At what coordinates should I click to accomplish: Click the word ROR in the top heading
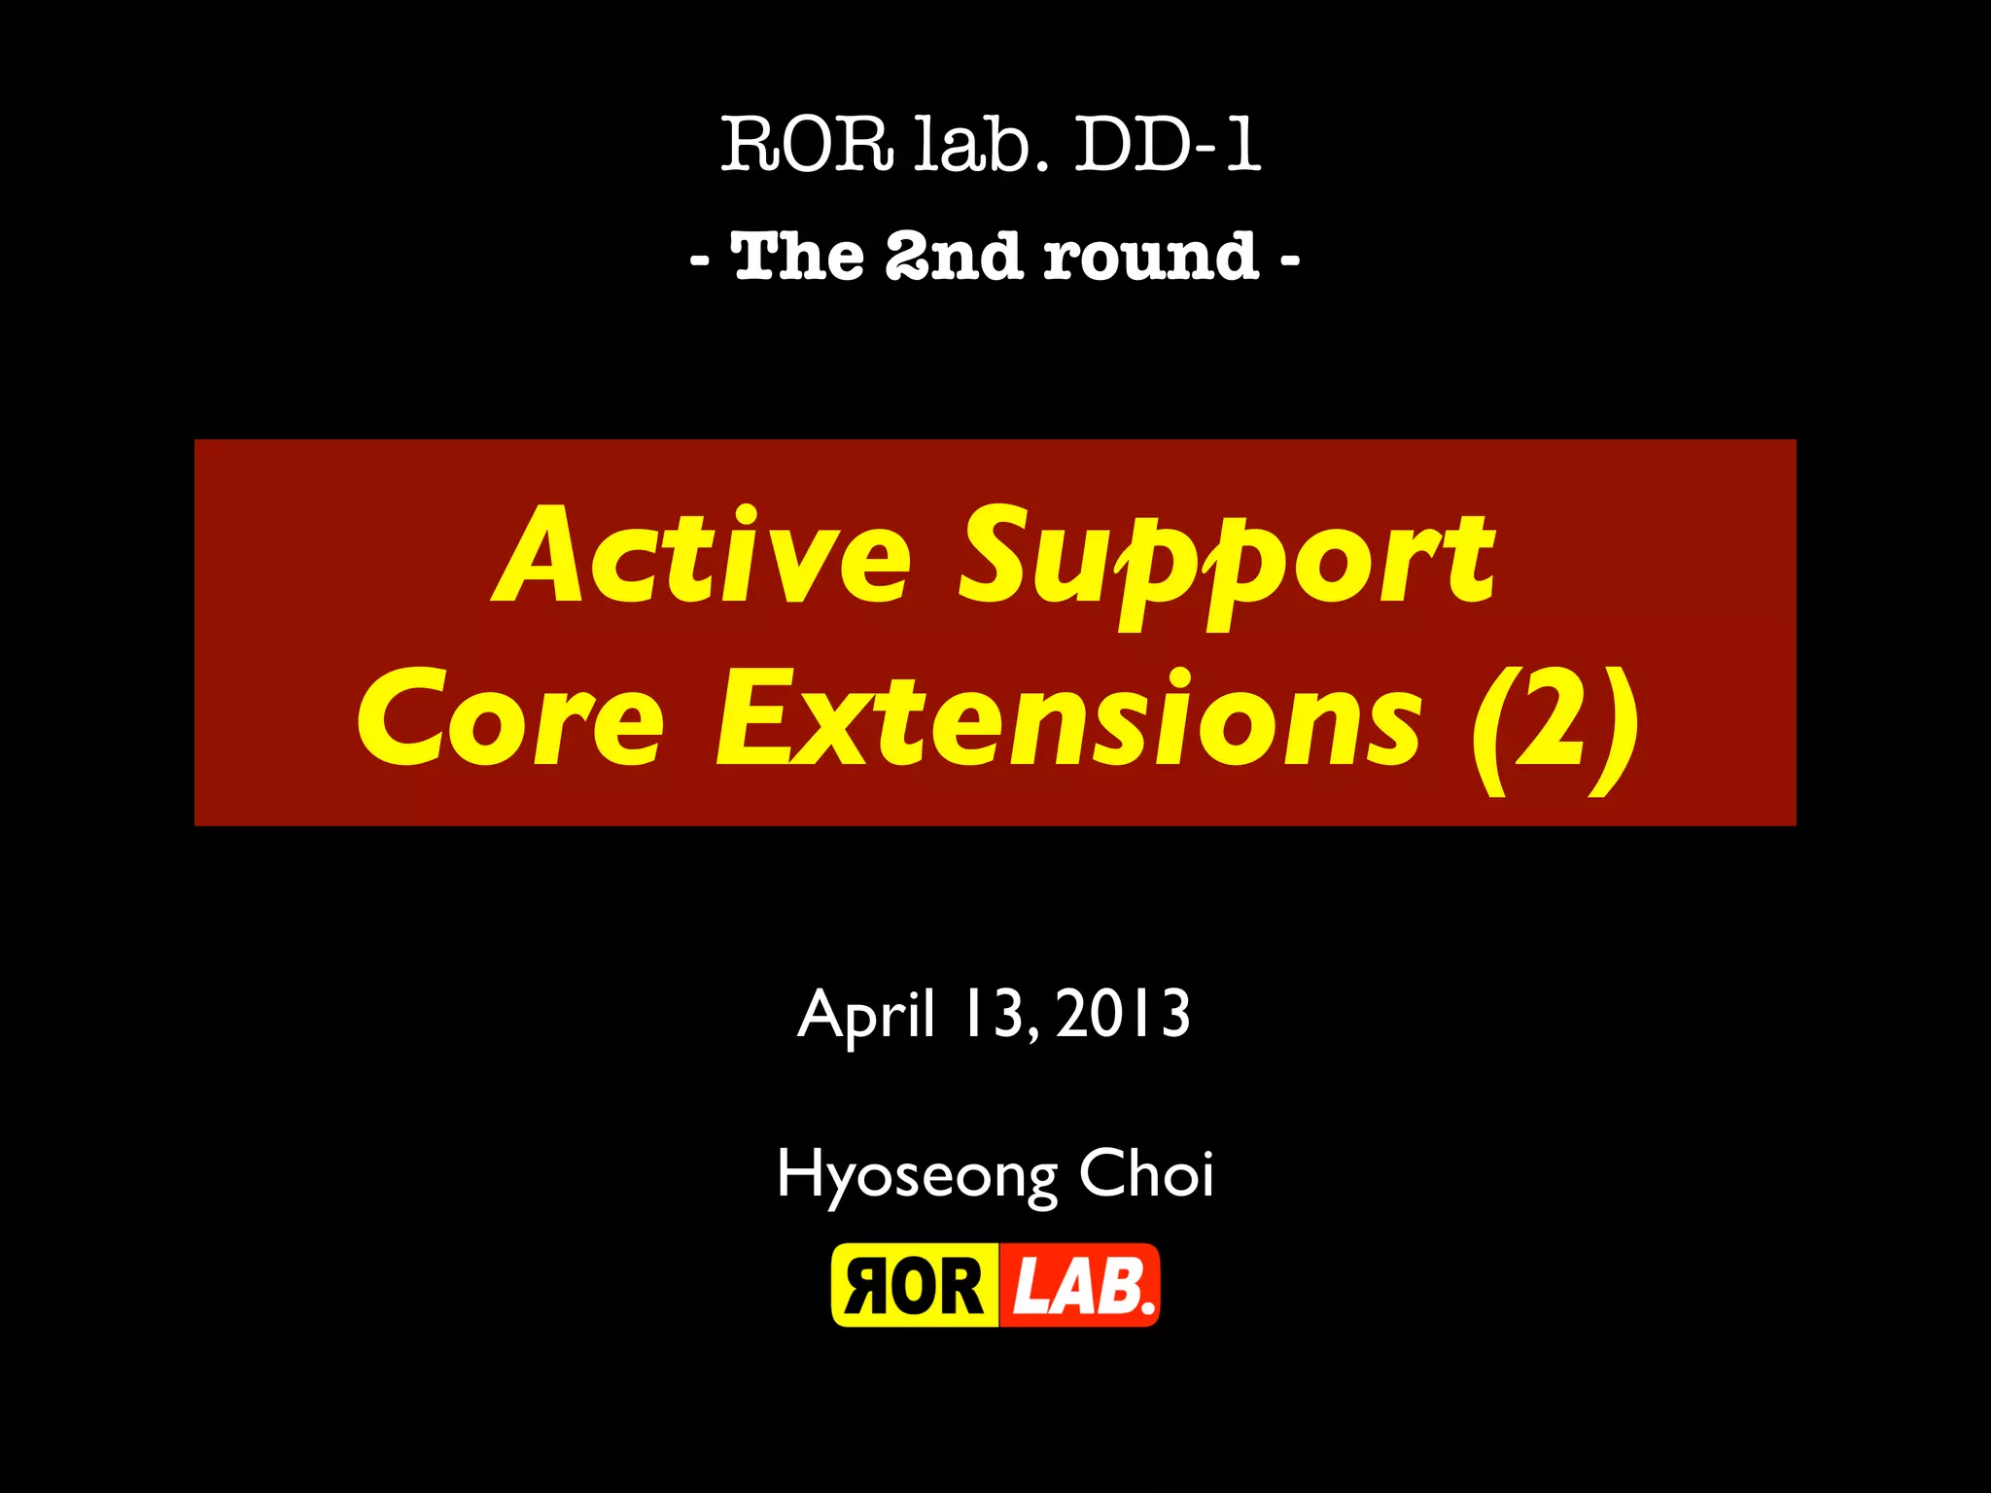806,146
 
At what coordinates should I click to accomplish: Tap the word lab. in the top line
981,146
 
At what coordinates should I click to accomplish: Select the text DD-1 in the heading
1167,146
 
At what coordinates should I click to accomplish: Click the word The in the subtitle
798,258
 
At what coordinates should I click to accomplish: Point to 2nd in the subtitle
954,258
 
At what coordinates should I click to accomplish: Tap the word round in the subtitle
1151,258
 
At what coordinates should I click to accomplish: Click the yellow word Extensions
1069,720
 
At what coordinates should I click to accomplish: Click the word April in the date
866,1017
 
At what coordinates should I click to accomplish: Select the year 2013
1123,1015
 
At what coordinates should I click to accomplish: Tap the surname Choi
1146,1173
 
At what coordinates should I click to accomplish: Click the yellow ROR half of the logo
914,1286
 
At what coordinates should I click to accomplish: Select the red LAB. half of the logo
1080,1286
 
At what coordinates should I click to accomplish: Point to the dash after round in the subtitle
1289,260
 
